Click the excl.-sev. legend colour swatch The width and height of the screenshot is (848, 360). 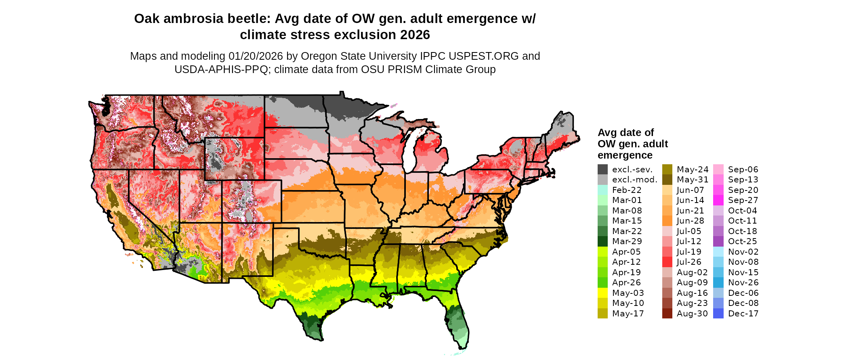tap(602, 170)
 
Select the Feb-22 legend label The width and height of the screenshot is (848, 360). tap(626, 190)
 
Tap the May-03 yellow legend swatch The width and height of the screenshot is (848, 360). tap(602, 293)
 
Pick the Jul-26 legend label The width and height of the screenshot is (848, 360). tap(689, 262)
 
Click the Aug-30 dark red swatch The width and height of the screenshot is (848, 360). tap(667, 314)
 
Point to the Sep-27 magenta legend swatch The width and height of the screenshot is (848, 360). tap(718, 200)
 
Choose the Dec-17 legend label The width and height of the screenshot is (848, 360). tap(743, 314)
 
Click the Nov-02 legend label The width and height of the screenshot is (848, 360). tap(743, 252)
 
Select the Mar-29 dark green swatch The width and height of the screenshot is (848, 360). tap(602, 241)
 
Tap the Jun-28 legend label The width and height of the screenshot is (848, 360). tap(690, 221)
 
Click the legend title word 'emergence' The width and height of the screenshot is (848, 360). tap(625, 155)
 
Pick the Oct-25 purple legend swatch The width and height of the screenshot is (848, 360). tap(718, 241)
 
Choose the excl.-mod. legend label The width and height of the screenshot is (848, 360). tap(634, 180)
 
